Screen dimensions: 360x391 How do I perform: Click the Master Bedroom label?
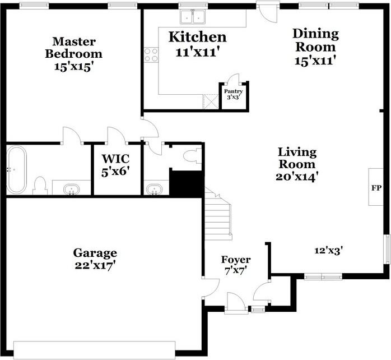(73, 48)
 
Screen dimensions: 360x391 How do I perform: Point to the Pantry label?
(233, 91)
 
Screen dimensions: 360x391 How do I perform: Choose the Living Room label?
(297, 158)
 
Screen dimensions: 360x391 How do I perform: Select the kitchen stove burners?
(151, 54)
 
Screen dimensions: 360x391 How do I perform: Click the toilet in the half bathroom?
(194, 156)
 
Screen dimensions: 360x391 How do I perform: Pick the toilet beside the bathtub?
(40, 185)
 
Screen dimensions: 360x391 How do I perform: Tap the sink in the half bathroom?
(153, 189)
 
